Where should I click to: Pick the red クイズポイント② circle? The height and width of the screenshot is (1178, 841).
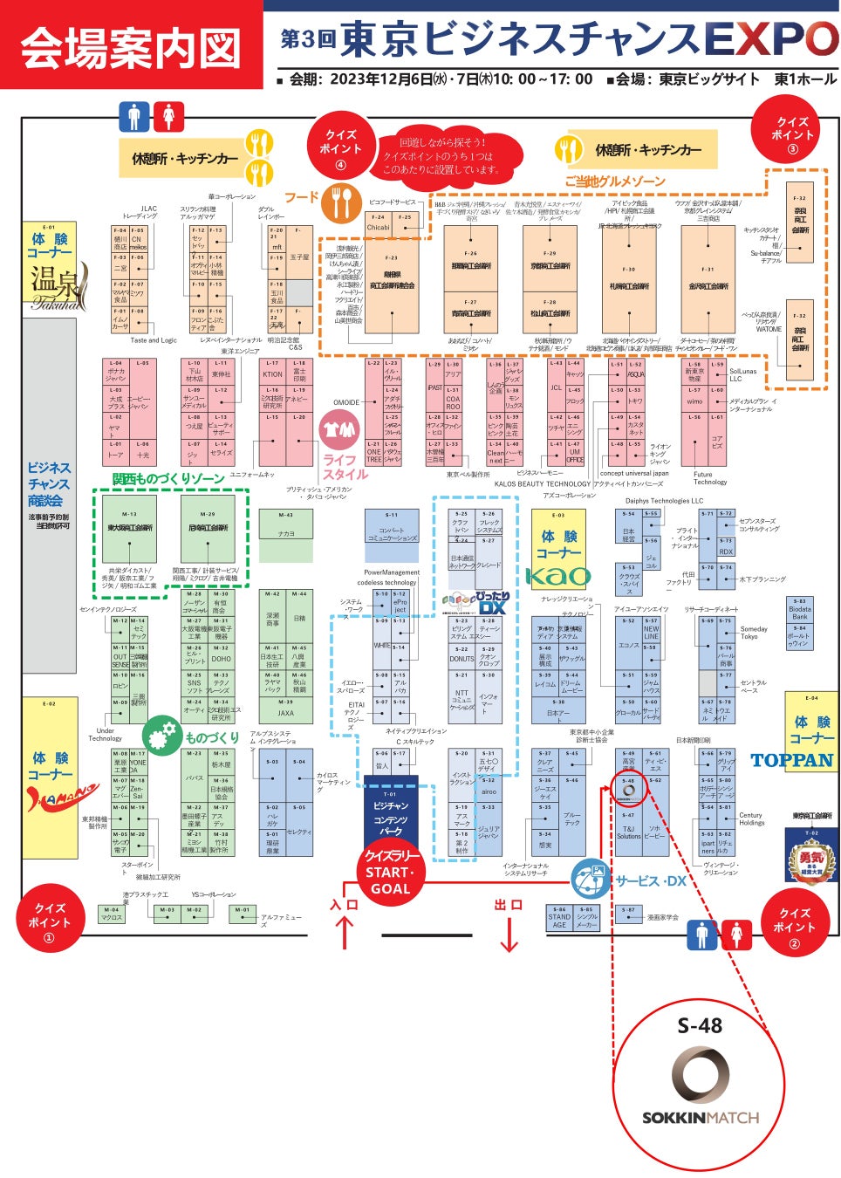(x=793, y=921)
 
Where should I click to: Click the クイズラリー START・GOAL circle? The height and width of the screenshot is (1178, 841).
(x=390, y=872)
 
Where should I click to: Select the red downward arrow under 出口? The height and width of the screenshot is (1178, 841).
(x=508, y=932)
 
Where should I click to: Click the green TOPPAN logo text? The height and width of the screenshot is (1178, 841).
(x=792, y=760)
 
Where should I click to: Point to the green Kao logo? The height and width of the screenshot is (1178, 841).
(x=557, y=576)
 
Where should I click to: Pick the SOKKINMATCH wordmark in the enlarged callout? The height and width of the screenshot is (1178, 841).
(x=700, y=1117)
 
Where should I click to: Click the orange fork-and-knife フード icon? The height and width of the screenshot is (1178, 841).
(x=341, y=202)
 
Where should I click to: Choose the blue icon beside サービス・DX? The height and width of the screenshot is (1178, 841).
(x=591, y=878)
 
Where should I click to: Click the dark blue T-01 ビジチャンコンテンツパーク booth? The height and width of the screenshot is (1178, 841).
(x=390, y=813)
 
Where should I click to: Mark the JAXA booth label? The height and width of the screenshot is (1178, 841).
(x=285, y=713)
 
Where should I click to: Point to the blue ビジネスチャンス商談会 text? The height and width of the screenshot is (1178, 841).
(x=49, y=483)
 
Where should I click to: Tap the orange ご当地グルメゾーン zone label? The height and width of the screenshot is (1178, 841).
(x=614, y=181)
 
